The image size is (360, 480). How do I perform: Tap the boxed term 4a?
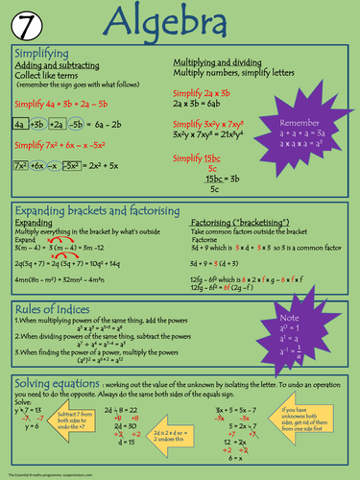21,125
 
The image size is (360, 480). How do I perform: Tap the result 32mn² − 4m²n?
108,278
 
